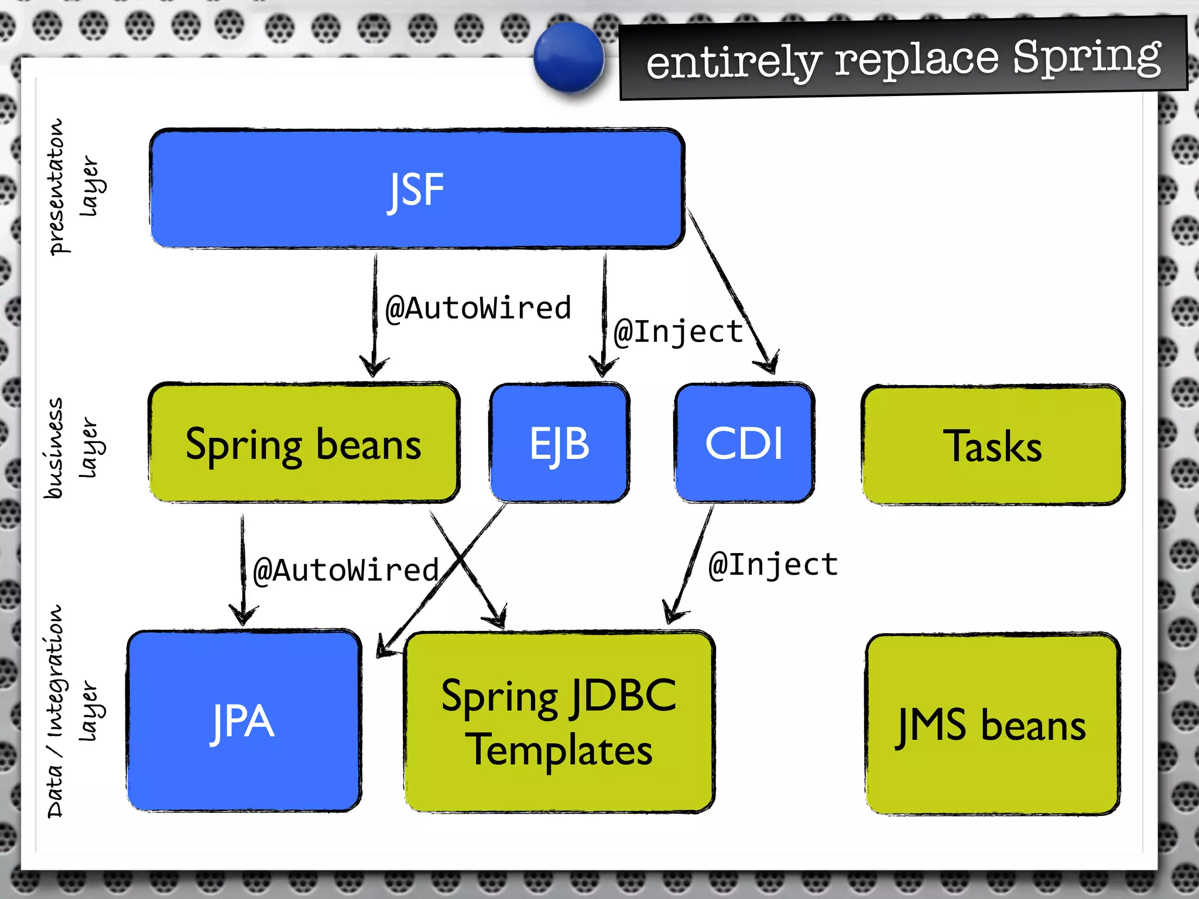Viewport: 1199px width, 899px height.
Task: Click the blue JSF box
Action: click(417, 188)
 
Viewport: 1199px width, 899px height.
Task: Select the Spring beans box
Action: click(303, 443)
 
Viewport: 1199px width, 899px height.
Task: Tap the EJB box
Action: click(560, 443)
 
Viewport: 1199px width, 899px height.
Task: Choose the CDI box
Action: click(744, 443)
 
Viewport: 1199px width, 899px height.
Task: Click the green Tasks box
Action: click(993, 445)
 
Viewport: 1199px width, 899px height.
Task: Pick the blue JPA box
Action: click(244, 721)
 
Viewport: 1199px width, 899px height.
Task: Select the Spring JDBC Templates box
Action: click(559, 722)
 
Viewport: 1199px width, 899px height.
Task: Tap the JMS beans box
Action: click(992, 725)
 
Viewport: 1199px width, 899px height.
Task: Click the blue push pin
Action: click(568, 57)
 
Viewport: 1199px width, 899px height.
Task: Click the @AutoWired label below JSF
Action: click(478, 308)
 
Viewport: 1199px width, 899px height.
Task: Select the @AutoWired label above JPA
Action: click(346, 570)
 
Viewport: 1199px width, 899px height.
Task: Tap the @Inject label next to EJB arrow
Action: click(678, 332)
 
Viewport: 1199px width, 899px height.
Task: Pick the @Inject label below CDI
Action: click(773, 565)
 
